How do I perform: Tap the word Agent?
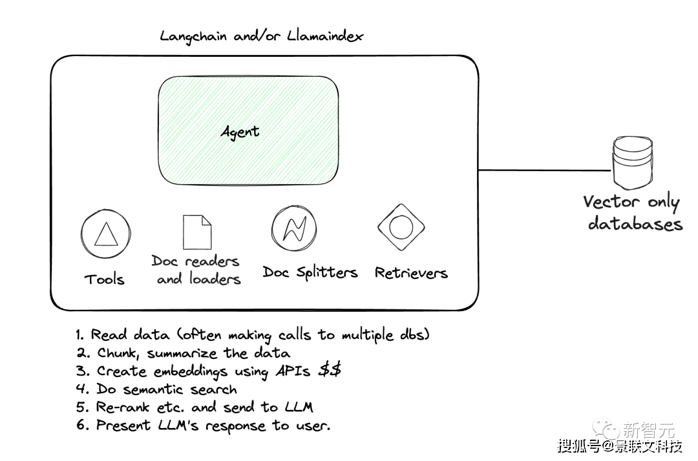(x=240, y=132)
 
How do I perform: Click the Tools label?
(x=105, y=279)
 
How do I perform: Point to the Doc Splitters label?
(x=310, y=272)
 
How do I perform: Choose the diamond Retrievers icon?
(x=401, y=227)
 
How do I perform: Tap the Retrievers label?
(x=411, y=272)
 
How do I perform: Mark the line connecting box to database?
(x=543, y=170)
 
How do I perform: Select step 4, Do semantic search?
(x=166, y=389)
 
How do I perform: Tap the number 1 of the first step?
(x=79, y=335)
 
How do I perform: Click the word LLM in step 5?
(x=299, y=407)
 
